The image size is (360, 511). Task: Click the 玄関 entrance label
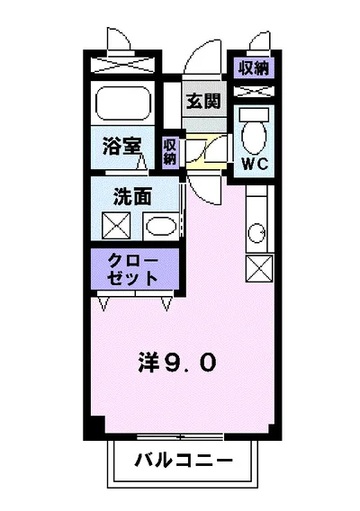(x=203, y=101)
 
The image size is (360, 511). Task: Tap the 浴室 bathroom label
(x=117, y=143)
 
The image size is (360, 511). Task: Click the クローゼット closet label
(x=133, y=268)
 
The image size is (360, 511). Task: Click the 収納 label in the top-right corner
(x=255, y=67)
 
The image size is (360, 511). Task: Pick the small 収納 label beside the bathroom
(x=170, y=150)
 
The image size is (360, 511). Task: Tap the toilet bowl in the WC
(x=253, y=134)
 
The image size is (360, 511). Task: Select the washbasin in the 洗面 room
(x=159, y=225)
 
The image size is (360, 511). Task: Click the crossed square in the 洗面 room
(x=115, y=225)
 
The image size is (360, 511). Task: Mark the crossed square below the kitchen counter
(x=256, y=268)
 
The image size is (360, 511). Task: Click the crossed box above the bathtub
(x=122, y=67)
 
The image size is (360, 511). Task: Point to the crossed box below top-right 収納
(x=253, y=89)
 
